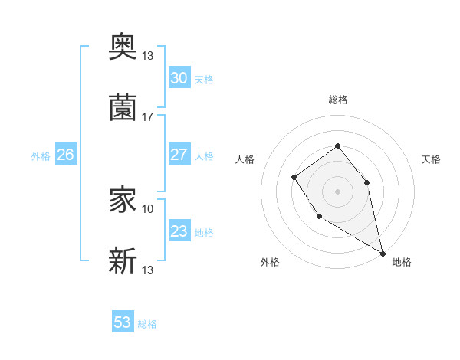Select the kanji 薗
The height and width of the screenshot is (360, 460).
tap(123, 107)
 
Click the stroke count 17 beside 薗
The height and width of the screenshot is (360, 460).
tap(148, 117)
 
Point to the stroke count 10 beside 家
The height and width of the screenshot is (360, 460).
tap(148, 208)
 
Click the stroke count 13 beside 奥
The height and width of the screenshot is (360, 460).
tap(148, 55)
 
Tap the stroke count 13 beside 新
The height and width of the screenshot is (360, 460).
tap(148, 270)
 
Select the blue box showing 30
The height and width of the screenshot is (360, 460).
tap(179, 78)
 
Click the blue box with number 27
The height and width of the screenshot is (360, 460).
tap(179, 155)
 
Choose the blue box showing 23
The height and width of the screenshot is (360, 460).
tap(179, 231)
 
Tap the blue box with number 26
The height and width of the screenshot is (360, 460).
tap(65, 155)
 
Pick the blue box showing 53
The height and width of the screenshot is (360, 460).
tap(123, 322)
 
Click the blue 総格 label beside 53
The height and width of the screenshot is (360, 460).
tap(147, 324)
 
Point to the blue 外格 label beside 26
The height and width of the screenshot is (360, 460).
tap(41, 156)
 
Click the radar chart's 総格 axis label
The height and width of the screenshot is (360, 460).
tap(337, 100)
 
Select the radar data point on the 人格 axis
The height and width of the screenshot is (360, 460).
tap(294, 178)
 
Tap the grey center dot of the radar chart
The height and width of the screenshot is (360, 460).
tap(337, 191)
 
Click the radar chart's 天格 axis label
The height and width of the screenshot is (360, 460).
tap(432, 159)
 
